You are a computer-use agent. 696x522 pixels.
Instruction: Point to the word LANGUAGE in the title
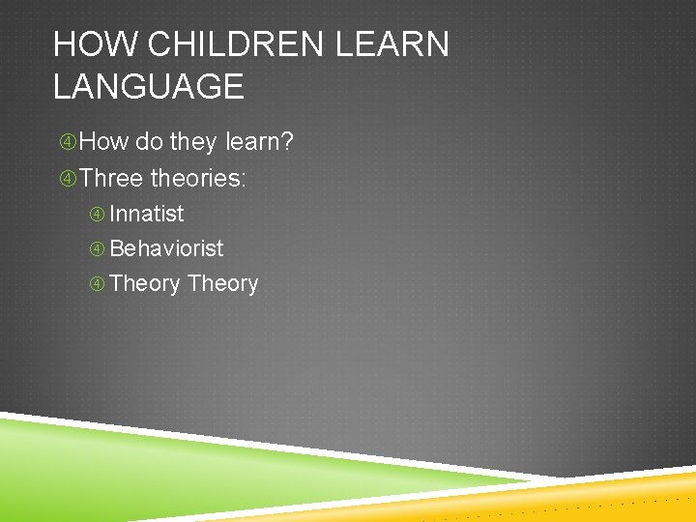point(148,87)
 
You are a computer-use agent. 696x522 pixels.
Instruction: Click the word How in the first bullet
point(104,143)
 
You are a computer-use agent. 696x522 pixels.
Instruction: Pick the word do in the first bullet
point(149,143)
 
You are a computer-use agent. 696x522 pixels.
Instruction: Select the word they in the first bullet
point(193,143)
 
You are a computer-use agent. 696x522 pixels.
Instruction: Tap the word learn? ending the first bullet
point(259,143)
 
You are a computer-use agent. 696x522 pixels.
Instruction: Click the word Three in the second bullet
point(111,178)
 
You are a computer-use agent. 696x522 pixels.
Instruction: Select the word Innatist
point(147,214)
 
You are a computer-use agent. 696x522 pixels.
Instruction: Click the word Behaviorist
point(166,248)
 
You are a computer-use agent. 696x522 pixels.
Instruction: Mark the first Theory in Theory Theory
point(145,283)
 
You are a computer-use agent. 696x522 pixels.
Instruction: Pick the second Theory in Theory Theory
point(223,283)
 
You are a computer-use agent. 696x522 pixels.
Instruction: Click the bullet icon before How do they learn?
point(68,143)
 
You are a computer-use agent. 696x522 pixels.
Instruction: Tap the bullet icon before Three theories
point(68,178)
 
